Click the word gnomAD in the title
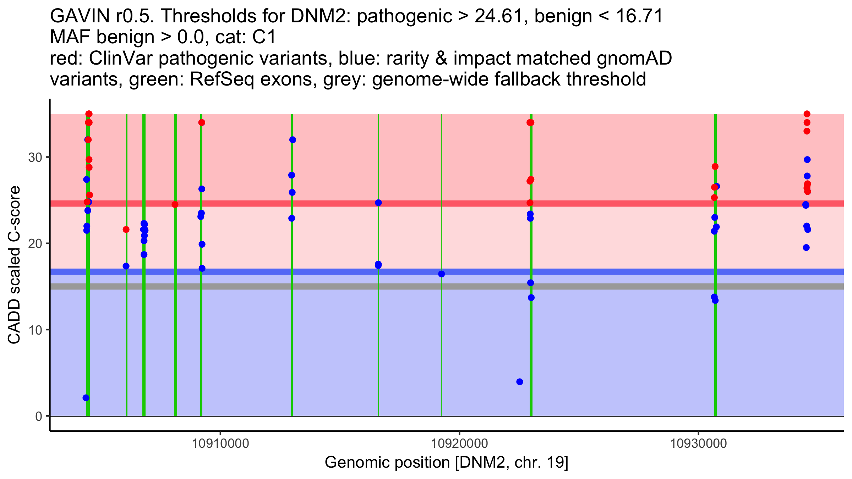tap(634, 58)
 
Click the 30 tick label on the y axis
tap(35, 157)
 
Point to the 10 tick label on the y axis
tap(35, 330)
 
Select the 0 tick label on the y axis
tap(39, 416)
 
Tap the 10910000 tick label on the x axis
tap(220, 444)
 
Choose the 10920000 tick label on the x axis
tap(459, 444)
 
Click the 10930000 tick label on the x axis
tap(699, 444)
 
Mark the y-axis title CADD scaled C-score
tap(14, 265)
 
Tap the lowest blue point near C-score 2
tap(86, 398)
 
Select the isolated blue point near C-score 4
tap(520, 382)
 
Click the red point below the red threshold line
tap(126, 230)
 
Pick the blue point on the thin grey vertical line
tap(442, 274)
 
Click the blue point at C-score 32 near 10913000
tap(293, 140)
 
